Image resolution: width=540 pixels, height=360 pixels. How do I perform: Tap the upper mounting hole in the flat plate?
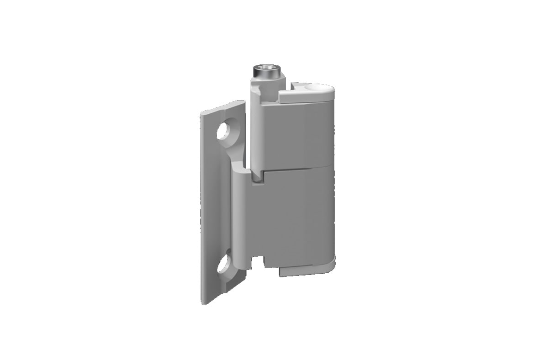[x=224, y=132]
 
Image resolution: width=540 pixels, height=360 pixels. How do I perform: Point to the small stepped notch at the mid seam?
[x=258, y=176]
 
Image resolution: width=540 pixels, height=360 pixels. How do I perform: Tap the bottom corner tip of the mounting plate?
[x=203, y=302]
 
